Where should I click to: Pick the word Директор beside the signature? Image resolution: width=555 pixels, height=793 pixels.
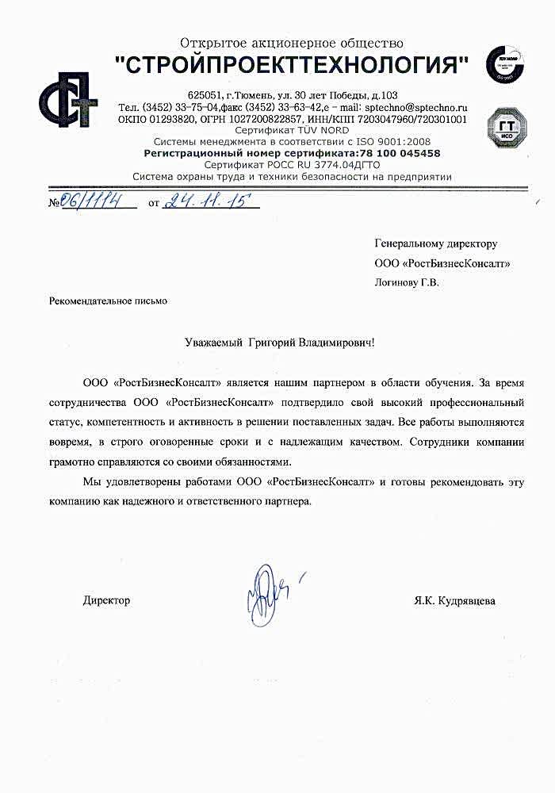(x=106, y=601)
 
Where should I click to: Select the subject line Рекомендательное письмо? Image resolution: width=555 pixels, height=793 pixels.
(x=109, y=301)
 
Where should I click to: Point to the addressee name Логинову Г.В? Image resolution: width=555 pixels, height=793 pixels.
(x=406, y=281)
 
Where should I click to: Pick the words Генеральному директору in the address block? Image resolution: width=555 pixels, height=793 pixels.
(x=435, y=243)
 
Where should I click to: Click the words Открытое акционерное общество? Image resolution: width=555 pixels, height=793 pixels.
(x=292, y=43)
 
